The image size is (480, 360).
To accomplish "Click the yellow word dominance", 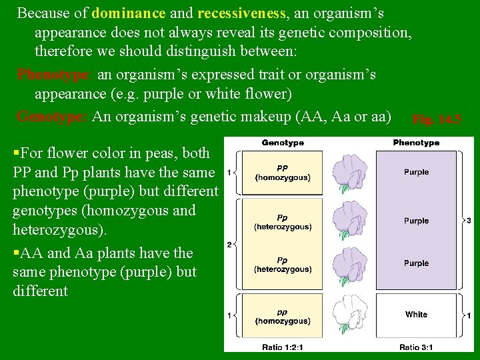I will click(129, 13).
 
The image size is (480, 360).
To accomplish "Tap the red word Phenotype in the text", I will click(53, 74).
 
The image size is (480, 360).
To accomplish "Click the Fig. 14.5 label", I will click(437, 119).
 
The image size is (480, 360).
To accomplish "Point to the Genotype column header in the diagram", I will click(283, 143).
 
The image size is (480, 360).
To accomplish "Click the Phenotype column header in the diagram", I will click(416, 143).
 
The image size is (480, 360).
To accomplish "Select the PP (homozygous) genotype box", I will click(283, 173).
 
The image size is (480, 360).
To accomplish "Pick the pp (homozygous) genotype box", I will click(283, 317).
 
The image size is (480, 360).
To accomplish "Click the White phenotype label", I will click(416, 314).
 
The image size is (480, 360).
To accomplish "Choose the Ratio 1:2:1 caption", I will click(283, 347).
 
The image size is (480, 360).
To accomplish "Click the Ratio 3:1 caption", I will click(416, 347).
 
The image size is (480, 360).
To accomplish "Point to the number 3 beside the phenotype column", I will click(469, 220).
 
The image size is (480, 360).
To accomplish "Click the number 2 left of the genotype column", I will click(229, 245).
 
